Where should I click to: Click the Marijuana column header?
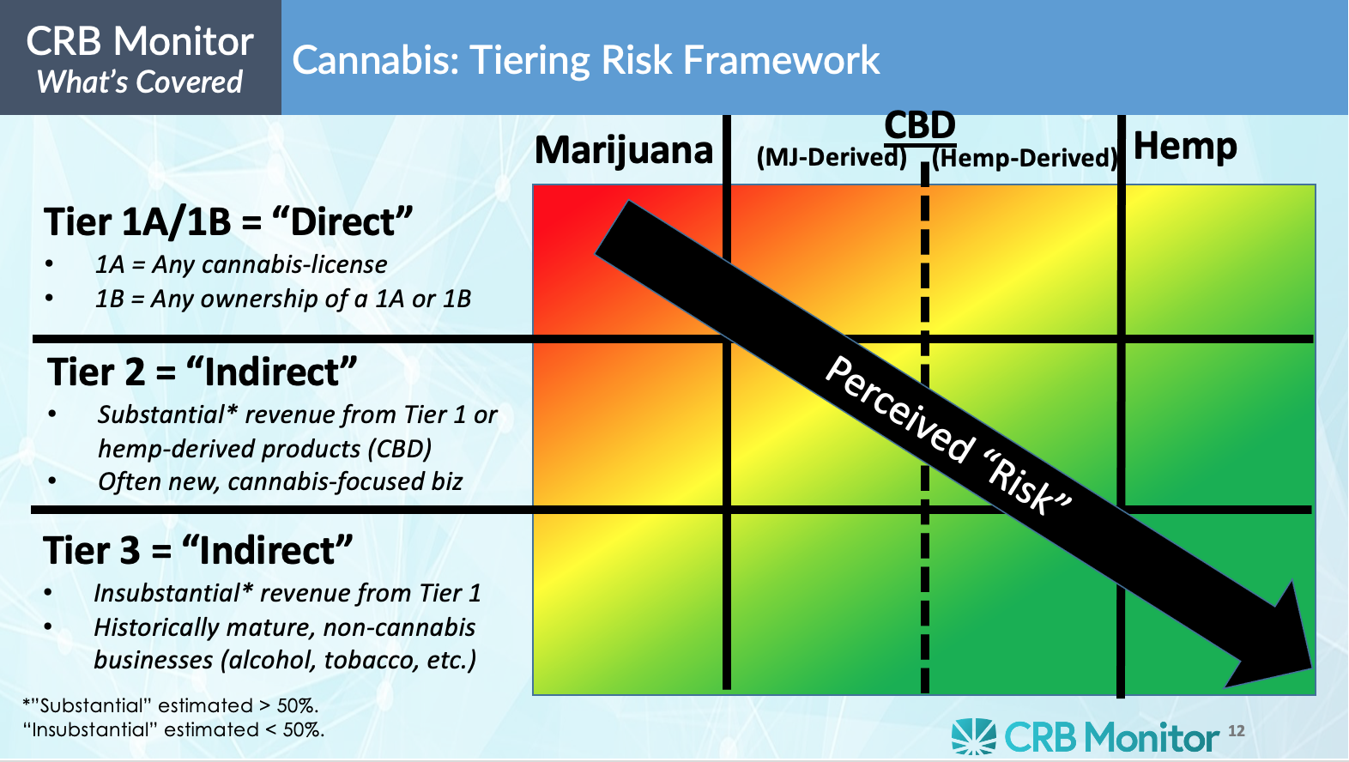tap(624, 150)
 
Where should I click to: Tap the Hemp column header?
tap(1185, 147)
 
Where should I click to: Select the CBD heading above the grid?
tap(919, 126)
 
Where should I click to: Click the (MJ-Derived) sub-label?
tap(831, 157)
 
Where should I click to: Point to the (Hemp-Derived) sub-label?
tap(1025, 158)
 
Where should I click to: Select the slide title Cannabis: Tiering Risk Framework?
tap(586, 60)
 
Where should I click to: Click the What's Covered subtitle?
tap(140, 82)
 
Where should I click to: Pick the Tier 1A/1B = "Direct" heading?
tap(228, 221)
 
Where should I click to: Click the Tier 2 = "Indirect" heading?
tap(202, 372)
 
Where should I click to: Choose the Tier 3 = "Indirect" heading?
tap(198, 550)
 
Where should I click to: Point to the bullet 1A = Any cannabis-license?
tap(241, 264)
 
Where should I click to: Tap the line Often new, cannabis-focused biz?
tap(280, 481)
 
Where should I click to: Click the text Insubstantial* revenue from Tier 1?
tap(287, 593)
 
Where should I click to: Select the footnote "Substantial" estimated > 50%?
tap(171, 705)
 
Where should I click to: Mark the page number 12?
tap(1236, 731)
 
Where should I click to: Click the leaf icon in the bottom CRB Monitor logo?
tap(973, 736)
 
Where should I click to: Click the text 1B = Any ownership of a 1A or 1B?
tap(282, 299)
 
